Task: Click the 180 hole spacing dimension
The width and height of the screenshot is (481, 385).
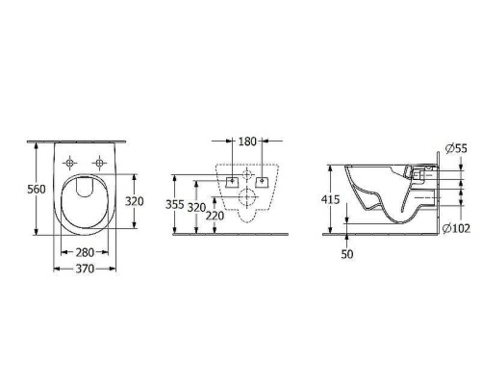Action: click(246, 141)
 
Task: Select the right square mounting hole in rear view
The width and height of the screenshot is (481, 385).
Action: click(261, 180)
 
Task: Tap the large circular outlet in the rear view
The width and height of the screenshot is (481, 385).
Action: click(247, 201)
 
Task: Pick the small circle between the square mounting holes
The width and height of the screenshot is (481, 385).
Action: click(247, 180)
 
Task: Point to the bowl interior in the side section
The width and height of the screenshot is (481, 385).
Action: click(375, 188)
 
